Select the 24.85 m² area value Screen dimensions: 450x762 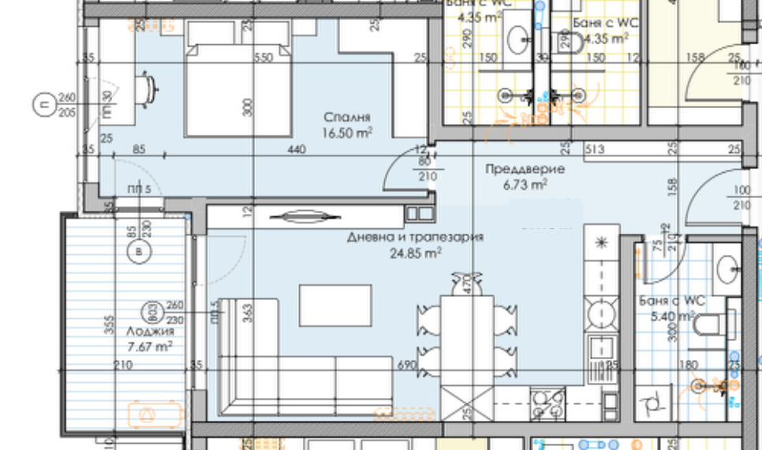click(x=415, y=253)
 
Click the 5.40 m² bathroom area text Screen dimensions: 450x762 click(x=670, y=316)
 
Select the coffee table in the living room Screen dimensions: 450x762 click(x=334, y=304)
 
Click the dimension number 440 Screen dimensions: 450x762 click(x=297, y=148)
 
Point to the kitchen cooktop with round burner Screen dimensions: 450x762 click(x=600, y=307)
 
